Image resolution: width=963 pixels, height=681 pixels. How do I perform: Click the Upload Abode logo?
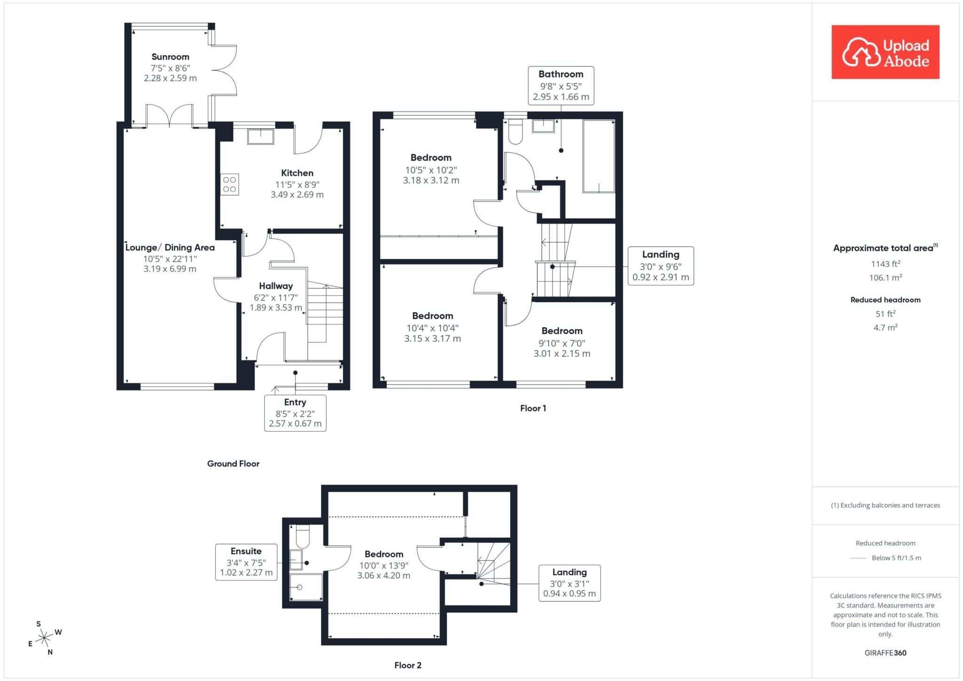[x=885, y=52]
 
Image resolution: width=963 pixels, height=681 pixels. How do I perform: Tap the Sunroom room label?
[x=170, y=57]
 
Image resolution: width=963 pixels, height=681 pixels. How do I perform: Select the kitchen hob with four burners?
[x=230, y=184]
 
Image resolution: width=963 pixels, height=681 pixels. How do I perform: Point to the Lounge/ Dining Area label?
[x=170, y=248]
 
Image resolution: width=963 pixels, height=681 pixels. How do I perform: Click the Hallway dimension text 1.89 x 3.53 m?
[x=276, y=308]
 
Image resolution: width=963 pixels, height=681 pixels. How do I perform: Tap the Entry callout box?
[x=295, y=413]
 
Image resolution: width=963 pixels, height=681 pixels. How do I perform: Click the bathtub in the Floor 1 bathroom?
[x=599, y=156]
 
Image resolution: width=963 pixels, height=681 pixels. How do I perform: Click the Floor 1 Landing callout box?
[x=661, y=266]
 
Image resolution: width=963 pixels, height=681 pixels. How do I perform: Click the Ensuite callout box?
[x=246, y=562]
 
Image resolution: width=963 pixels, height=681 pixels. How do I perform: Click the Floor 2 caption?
[x=408, y=665]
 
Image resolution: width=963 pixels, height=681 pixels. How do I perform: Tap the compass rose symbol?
[x=44, y=638]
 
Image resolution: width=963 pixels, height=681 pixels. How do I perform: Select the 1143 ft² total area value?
[x=885, y=264]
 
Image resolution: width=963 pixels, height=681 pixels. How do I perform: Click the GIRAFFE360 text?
[x=885, y=653]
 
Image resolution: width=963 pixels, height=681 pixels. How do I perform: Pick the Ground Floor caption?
[x=233, y=464]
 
